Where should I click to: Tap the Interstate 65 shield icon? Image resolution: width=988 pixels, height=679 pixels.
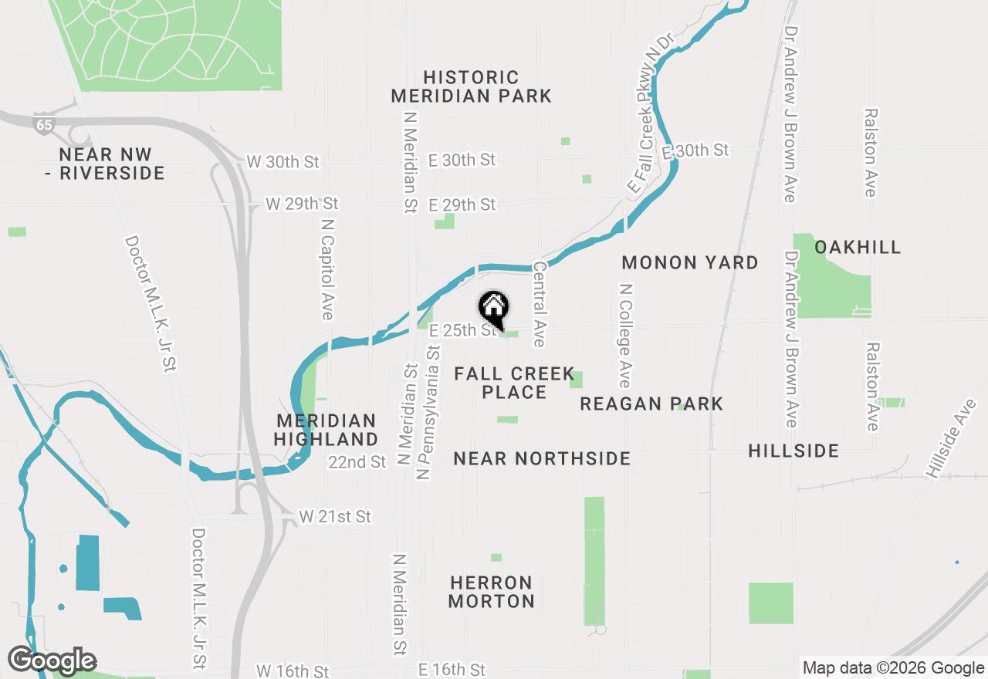tap(44, 124)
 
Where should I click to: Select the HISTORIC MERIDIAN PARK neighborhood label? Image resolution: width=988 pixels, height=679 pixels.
tap(471, 86)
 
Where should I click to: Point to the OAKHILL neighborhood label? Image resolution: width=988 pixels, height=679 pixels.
tap(858, 247)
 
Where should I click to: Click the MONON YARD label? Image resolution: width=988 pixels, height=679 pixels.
tap(690, 262)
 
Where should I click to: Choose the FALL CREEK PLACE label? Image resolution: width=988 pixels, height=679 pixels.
tap(514, 383)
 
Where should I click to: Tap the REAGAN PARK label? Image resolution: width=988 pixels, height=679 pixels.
tap(651, 404)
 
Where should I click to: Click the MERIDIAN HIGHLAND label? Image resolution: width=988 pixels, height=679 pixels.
tap(327, 430)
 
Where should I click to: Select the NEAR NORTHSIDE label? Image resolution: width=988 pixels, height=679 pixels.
tap(542, 458)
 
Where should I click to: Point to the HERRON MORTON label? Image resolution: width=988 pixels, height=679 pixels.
tap(491, 592)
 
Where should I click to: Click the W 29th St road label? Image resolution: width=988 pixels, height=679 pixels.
tap(302, 204)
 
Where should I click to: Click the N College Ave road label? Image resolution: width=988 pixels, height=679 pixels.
tap(625, 336)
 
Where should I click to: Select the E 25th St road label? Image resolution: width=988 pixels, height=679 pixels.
tap(462, 330)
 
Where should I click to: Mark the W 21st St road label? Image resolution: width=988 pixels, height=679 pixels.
tap(335, 516)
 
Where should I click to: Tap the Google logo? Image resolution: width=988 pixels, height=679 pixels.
tap(52, 660)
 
